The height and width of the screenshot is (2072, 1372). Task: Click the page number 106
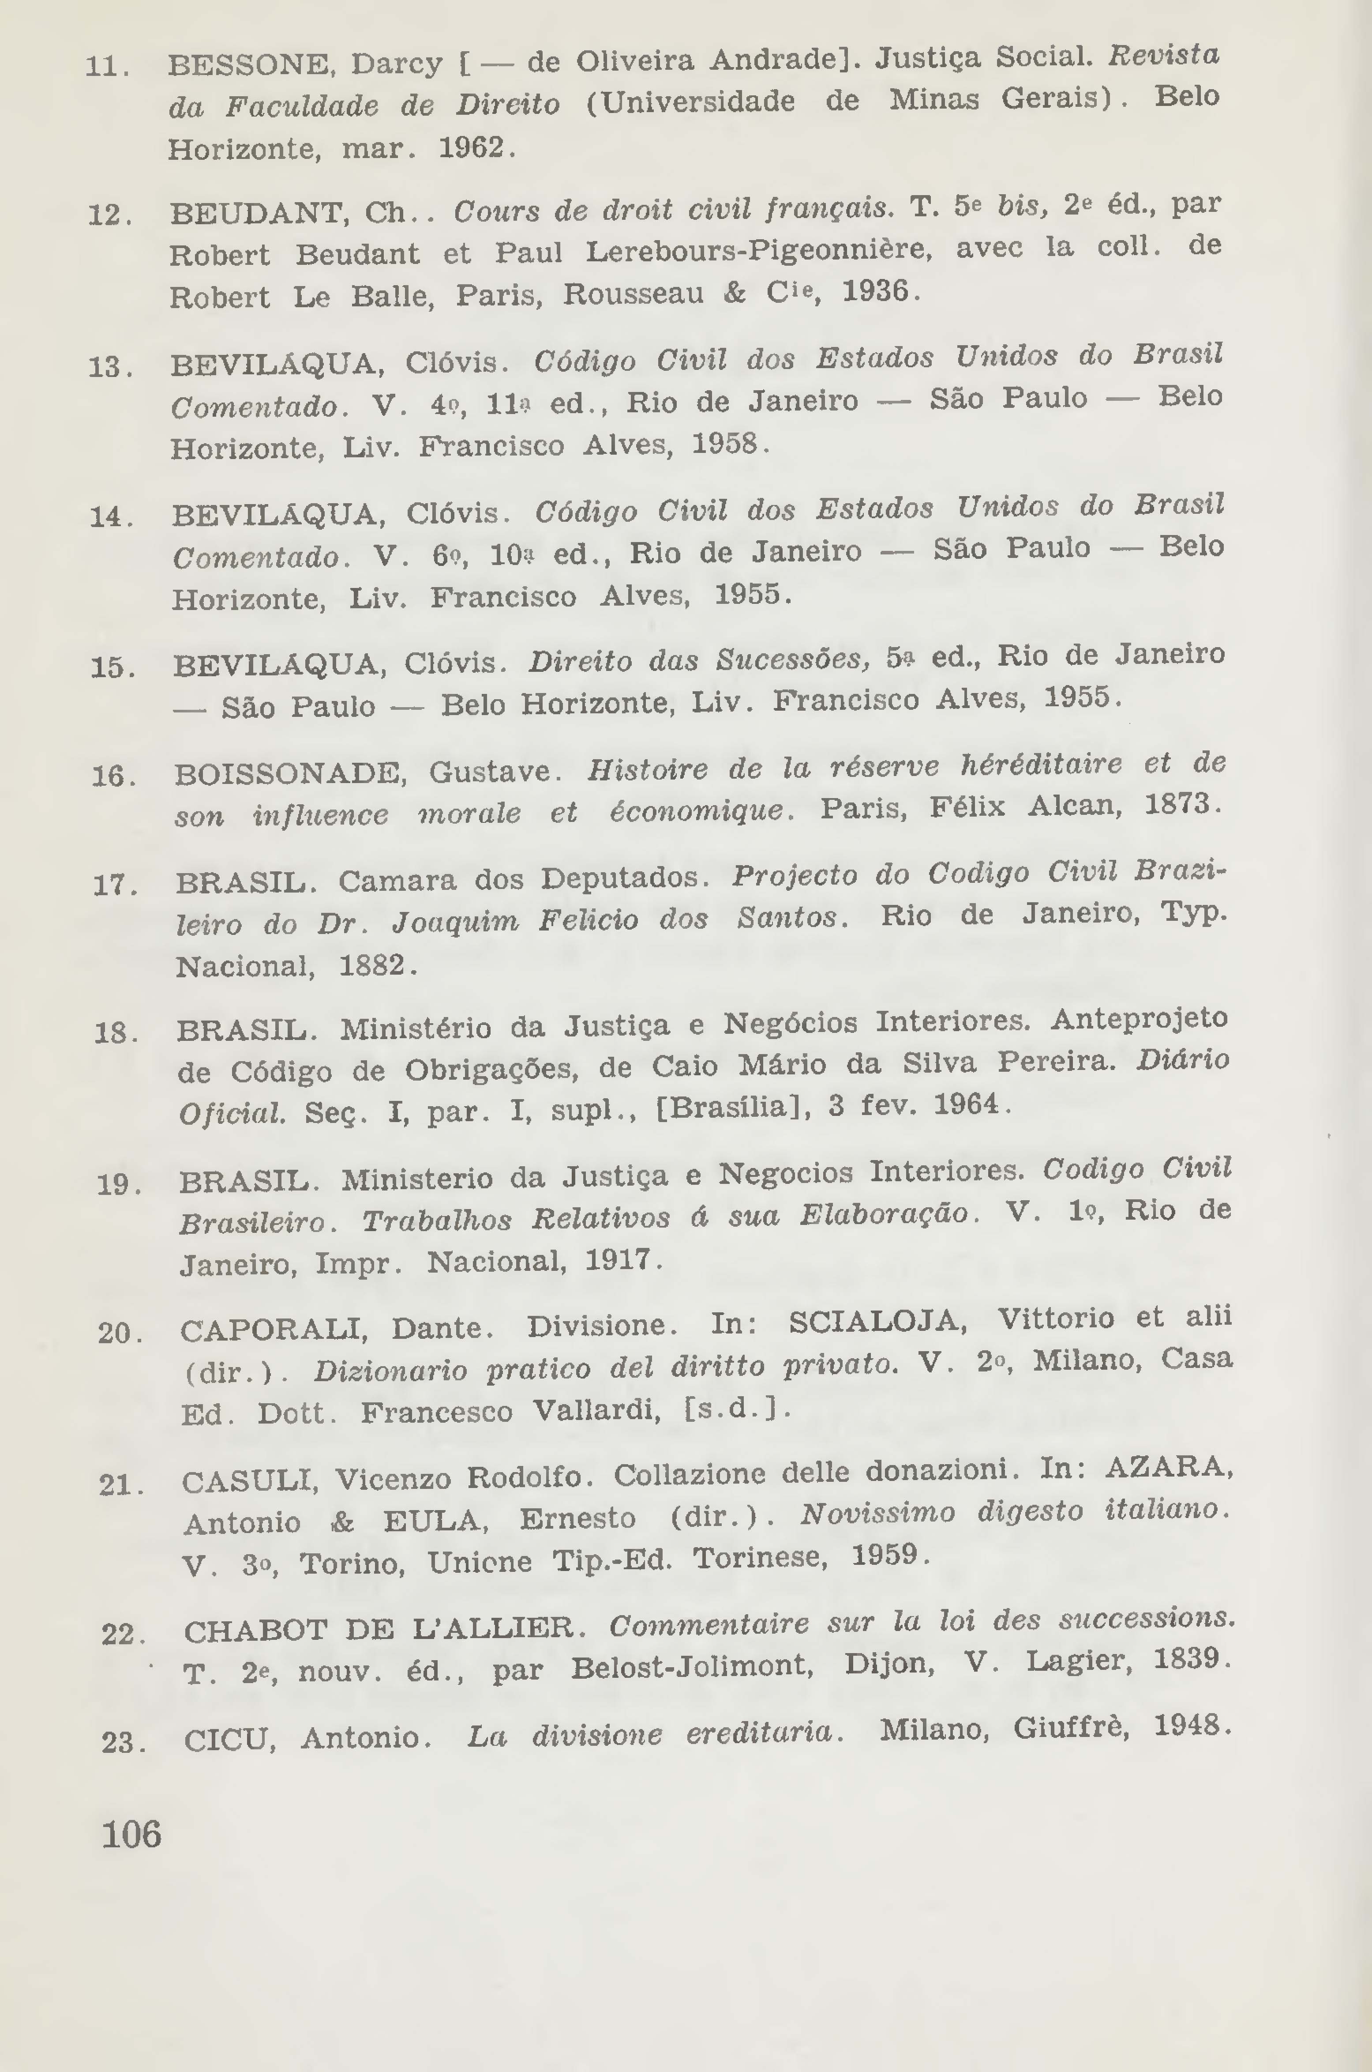(x=131, y=1832)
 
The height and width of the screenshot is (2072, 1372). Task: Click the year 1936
(x=877, y=290)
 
